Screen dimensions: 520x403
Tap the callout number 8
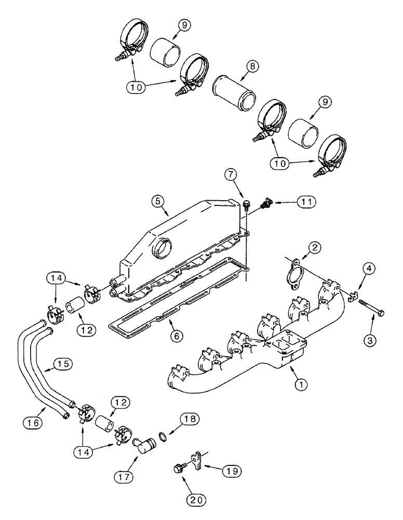pos(253,67)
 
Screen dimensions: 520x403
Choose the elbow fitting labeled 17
pos(149,446)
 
